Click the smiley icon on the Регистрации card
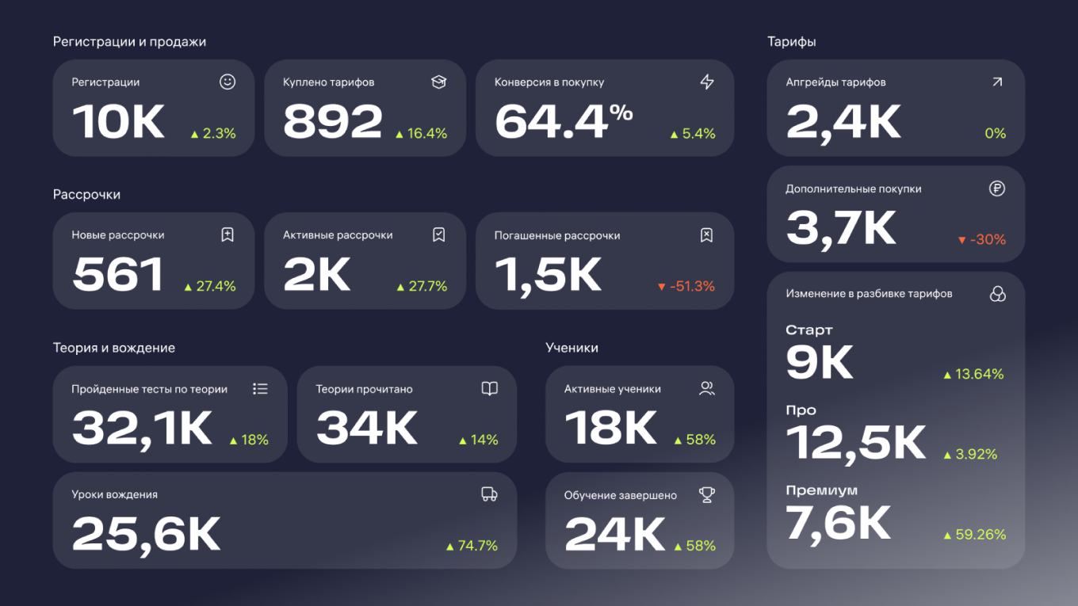coord(227,82)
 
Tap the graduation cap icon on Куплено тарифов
coord(439,82)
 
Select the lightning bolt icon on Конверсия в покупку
coord(707,82)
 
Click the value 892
coord(333,123)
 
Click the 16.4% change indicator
coord(422,134)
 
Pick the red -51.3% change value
coord(686,286)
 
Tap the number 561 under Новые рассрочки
coord(118,275)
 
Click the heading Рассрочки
coord(86,195)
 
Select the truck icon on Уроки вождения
coord(490,494)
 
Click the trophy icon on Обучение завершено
coord(707,495)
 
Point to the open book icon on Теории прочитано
coord(490,389)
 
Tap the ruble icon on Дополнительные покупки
coord(997,189)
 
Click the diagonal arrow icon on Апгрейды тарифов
coord(997,82)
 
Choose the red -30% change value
coord(982,239)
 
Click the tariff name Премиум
coord(821,490)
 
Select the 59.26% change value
coord(975,535)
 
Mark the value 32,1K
coord(142,429)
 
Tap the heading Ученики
coord(571,348)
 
